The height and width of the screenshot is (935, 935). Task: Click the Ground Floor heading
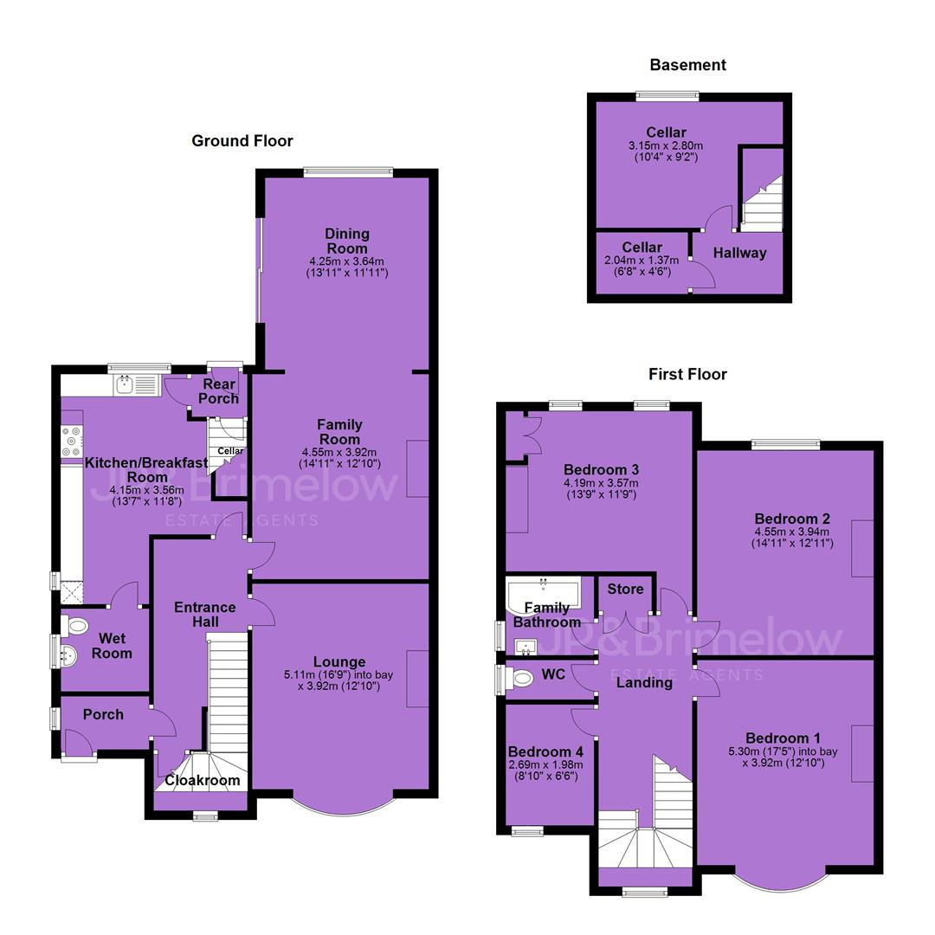click(x=242, y=141)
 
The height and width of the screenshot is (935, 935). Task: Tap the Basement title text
click(x=688, y=65)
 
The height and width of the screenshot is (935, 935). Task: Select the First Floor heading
click(x=688, y=375)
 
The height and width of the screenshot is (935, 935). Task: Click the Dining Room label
click(x=347, y=241)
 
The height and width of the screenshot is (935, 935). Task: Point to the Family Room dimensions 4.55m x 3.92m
click(x=340, y=453)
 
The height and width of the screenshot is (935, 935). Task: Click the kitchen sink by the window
click(x=137, y=385)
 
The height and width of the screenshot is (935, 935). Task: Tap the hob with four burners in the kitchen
click(x=72, y=442)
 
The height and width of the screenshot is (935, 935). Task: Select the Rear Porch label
click(x=219, y=391)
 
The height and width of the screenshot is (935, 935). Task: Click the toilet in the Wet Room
click(x=74, y=626)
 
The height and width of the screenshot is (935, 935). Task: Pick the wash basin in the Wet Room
click(x=68, y=655)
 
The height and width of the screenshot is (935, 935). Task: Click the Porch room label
click(x=103, y=714)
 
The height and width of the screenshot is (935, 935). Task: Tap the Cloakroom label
click(x=202, y=781)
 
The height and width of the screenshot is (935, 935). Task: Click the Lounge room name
click(x=339, y=662)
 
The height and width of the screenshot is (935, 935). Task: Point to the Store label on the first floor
click(x=626, y=590)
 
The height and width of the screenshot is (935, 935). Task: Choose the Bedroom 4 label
click(x=545, y=752)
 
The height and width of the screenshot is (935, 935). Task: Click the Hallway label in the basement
click(x=740, y=253)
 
